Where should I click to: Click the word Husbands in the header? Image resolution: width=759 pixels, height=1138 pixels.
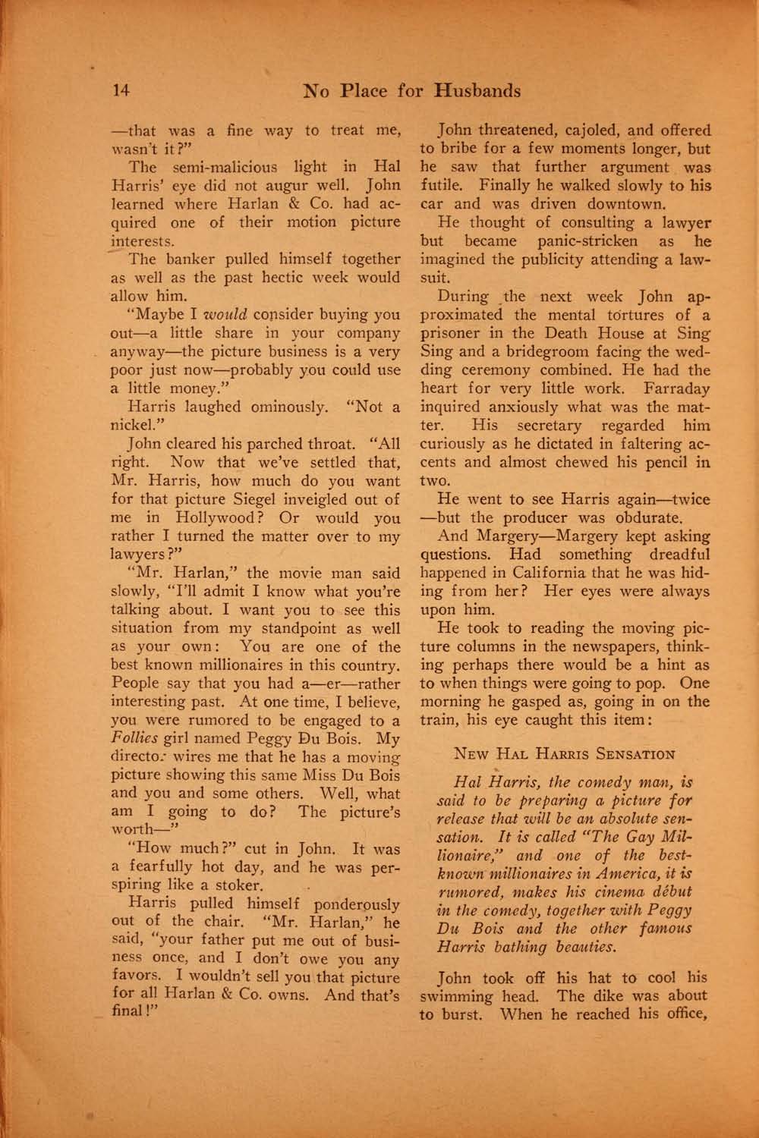click(x=477, y=91)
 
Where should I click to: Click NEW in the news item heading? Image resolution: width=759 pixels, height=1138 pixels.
click(x=471, y=754)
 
